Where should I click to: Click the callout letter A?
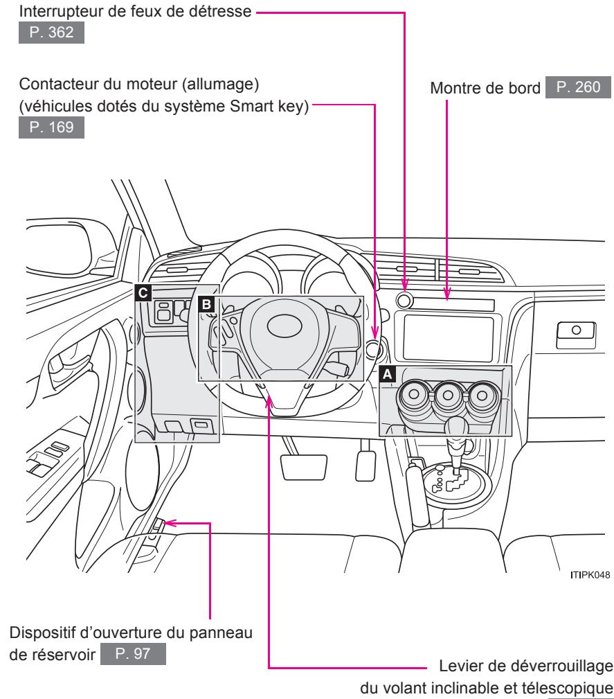click(388, 373)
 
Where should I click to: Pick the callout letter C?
click(143, 293)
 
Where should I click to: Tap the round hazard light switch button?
click(405, 301)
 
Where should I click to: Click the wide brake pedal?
click(305, 465)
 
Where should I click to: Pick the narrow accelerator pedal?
click(364, 466)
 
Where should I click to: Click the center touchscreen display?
click(448, 339)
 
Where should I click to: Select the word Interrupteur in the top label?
click(56, 11)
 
